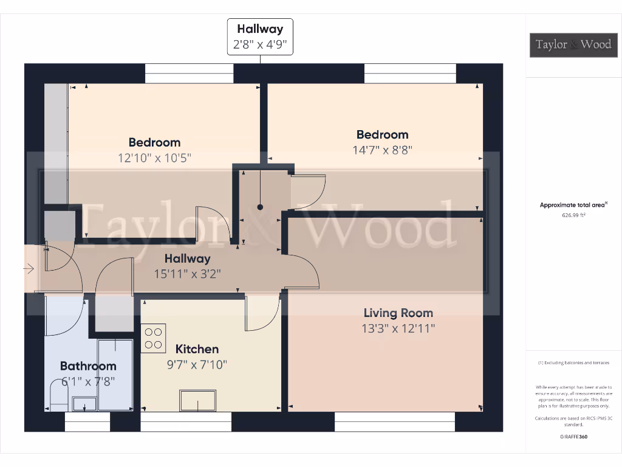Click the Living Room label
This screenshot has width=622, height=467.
398,313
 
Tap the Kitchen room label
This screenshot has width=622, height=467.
197,349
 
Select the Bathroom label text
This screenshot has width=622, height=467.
88,366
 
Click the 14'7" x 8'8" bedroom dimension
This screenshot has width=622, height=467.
383,150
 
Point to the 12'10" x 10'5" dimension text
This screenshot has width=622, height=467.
154,157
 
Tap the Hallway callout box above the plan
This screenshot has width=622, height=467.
260,36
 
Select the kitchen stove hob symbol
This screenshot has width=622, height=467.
153,339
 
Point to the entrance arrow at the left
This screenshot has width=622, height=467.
29,268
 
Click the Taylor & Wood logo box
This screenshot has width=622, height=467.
573,44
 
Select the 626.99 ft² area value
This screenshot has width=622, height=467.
574,215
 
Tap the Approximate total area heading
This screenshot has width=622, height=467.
573,205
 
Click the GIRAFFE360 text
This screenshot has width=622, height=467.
573,437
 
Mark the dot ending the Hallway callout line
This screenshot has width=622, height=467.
260,207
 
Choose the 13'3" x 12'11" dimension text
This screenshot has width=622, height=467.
398,328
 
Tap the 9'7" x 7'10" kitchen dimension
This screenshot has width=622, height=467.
197,365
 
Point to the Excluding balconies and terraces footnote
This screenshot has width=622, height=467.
573,363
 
